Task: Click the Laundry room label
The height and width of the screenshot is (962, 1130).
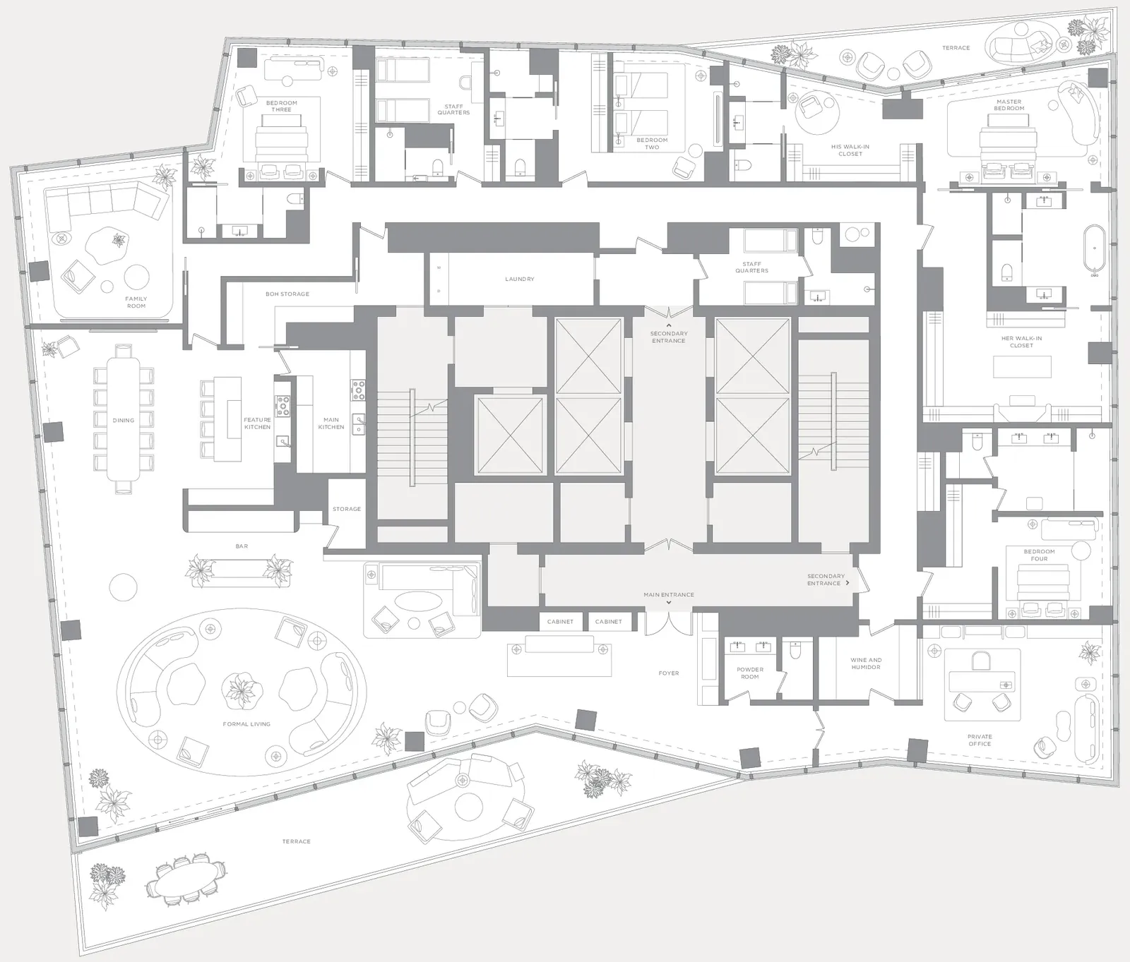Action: pos(520,279)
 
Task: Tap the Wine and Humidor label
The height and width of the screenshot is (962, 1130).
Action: pos(866,663)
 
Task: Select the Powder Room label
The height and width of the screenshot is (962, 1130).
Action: pos(750,673)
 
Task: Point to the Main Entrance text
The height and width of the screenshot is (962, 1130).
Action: pos(669,595)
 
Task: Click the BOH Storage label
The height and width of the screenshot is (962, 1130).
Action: pos(287,294)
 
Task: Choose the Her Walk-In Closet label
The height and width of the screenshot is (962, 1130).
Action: pos(1021,342)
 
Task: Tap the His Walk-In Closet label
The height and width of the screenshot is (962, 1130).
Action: pos(850,150)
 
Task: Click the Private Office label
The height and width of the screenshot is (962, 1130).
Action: pos(980,740)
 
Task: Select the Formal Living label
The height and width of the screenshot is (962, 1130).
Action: pos(246,724)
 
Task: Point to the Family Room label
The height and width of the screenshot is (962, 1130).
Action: pos(136,302)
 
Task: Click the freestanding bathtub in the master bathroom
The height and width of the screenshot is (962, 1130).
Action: pos(1095,249)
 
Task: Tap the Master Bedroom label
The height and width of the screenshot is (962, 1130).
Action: pos(1009,105)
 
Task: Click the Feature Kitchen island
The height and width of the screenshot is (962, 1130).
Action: pos(233,419)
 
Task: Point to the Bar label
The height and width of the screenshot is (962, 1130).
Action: pos(242,546)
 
